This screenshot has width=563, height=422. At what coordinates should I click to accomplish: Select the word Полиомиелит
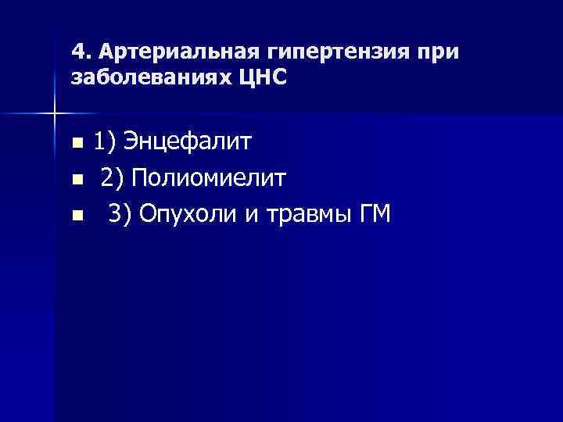(209, 180)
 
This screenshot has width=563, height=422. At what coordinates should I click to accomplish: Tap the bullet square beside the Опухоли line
(76, 216)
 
